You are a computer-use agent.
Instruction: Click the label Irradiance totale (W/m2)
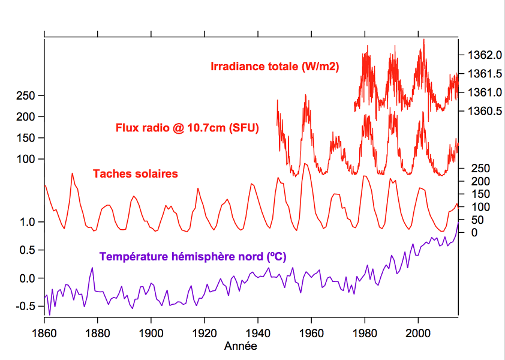(275, 67)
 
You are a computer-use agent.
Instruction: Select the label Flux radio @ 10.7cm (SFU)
(187, 128)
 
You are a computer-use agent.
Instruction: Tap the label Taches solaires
(135, 174)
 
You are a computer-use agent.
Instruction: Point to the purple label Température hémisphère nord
(193, 256)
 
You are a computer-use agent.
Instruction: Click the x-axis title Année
(241, 346)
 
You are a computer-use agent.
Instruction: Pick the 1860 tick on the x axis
(44, 333)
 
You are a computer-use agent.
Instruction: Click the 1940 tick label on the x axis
(257, 333)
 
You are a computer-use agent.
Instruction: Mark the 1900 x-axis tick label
(151, 333)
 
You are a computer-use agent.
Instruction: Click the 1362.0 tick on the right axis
(480, 55)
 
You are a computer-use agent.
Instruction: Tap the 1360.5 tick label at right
(480, 111)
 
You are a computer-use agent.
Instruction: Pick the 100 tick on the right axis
(478, 206)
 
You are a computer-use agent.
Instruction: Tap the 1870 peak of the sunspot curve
(73, 173)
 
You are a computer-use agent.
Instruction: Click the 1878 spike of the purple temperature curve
(92, 268)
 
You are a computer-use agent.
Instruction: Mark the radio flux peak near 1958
(306, 95)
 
